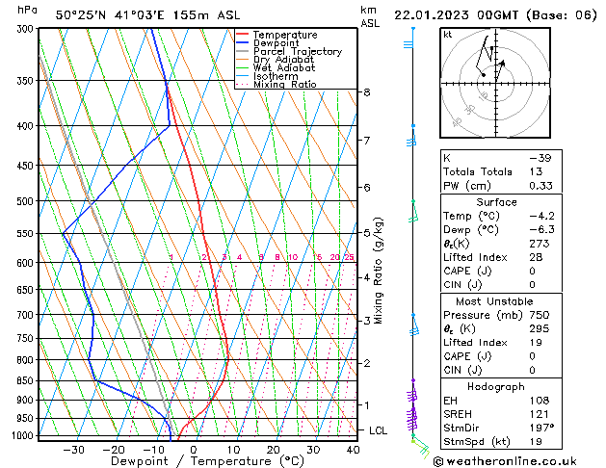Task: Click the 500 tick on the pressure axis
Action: pyautogui.click(x=26, y=201)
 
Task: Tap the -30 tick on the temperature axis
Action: pyautogui.click(x=73, y=449)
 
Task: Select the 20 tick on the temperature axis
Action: pyautogui.click(x=274, y=449)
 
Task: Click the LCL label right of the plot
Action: pyautogui.click(x=379, y=430)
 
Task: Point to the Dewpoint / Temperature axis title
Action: pyautogui.click(x=193, y=462)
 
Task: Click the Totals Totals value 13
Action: pyautogui.click(x=536, y=171)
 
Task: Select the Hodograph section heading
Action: pyautogui.click(x=496, y=386)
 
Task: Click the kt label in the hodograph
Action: pyautogui.click(x=447, y=35)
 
